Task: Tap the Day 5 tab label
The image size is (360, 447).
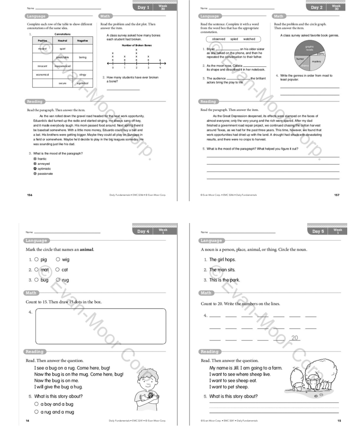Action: pos(318,232)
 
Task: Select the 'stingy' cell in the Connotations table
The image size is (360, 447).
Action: pos(82,74)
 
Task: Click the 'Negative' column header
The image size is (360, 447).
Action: pos(82,41)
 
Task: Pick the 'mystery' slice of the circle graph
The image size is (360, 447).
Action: pos(316,61)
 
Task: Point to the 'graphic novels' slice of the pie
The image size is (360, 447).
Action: pos(309,47)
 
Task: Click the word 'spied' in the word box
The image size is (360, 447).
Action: pos(234,39)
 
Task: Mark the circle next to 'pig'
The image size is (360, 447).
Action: pos(36,259)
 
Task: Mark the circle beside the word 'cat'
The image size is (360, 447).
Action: pos(58,269)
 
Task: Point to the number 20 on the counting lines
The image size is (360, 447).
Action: pos(294,338)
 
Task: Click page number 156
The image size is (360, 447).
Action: pos(30,195)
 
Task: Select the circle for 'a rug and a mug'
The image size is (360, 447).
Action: pos(36,412)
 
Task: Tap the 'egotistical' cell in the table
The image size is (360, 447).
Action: pos(82,83)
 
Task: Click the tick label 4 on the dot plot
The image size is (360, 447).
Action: pos(160,67)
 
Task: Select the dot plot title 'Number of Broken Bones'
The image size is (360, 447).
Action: pos(136,46)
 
